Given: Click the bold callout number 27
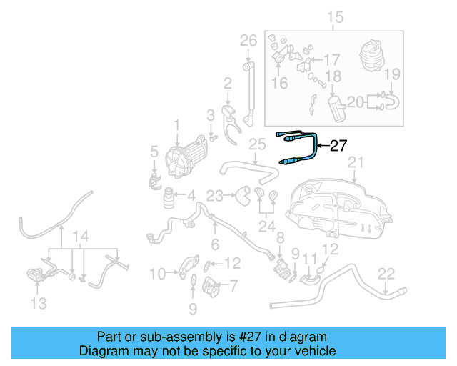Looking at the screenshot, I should pyautogui.click(x=338, y=146).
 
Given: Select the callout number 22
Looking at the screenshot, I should pyautogui.click(x=386, y=272).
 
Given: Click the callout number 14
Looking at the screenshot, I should pyautogui.click(x=82, y=236).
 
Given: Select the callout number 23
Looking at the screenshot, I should pyautogui.click(x=215, y=194).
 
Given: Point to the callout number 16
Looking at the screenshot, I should pyautogui.click(x=279, y=84).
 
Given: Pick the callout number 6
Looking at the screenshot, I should pyautogui.click(x=214, y=244).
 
